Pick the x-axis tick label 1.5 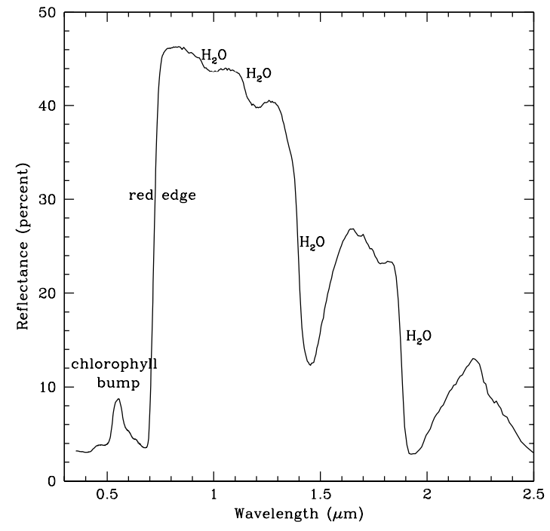click(321, 496)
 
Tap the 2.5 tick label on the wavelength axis click(533, 496)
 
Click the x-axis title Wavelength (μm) click(300, 515)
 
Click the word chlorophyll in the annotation click(115, 366)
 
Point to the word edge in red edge click(180, 196)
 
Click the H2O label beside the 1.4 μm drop click(312, 242)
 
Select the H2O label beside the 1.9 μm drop click(419, 336)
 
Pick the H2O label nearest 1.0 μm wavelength click(214, 55)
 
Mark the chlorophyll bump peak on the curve click(118, 399)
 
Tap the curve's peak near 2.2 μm click(473, 359)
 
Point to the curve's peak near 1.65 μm click(352, 229)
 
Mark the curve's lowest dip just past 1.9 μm click(411, 454)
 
